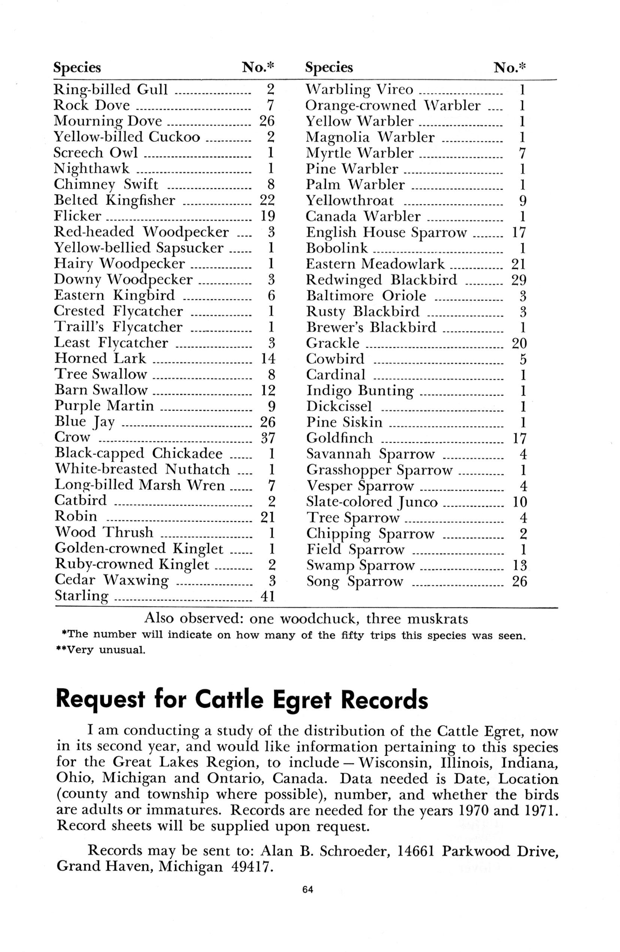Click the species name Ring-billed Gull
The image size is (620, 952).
coord(111,90)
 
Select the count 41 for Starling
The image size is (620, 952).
coord(267,597)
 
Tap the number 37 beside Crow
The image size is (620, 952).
coord(267,438)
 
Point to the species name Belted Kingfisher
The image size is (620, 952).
coord(114,200)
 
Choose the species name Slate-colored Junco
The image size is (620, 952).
coord(372,502)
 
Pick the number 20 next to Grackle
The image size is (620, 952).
coord(518,343)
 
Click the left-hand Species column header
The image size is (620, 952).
coord(77,67)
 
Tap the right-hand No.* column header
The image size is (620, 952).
coord(510,67)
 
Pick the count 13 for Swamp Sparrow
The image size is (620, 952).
coord(519,565)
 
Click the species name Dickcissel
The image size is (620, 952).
coord(339,407)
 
